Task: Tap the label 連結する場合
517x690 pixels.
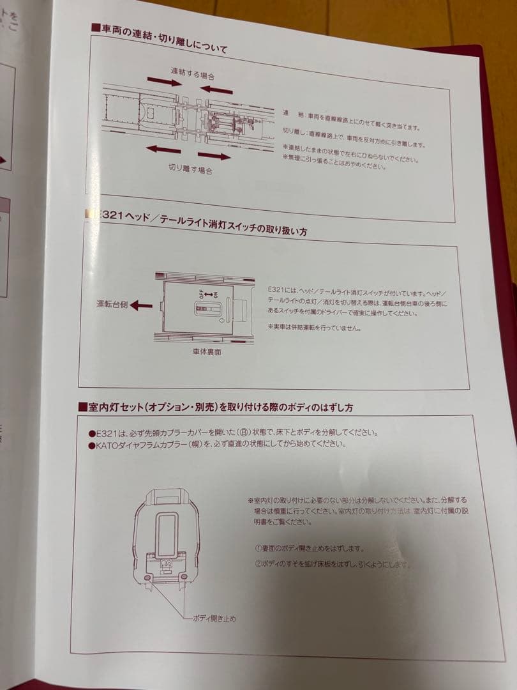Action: pyautogui.click(x=192, y=72)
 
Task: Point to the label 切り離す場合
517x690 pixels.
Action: pyautogui.click(x=190, y=169)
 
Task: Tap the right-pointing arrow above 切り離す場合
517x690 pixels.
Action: pyautogui.click(x=213, y=155)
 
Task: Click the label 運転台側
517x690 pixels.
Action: pyautogui.click(x=111, y=303)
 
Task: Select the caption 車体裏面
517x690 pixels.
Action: pyautogui.click(x=207, y=352)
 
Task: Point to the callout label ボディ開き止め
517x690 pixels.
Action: pyautogui.click(x=214, y=618)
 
